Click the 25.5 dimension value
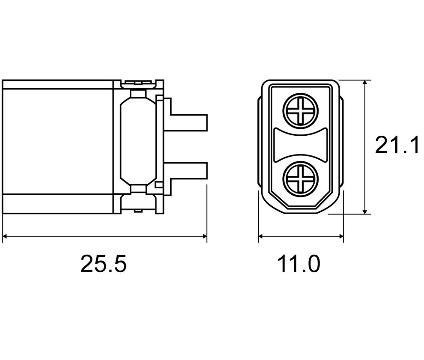click(103, 263)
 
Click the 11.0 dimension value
click(299, 264)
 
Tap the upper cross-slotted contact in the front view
click(300, 111)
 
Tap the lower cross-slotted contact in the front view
click(300, 179)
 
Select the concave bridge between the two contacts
click(301, 145)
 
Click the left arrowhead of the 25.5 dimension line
click(4, 236)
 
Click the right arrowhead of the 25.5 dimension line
click(204, 236)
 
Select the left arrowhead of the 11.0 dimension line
click(261, 236)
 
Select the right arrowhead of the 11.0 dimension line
click(341, 236)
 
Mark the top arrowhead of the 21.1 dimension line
click(365, 83)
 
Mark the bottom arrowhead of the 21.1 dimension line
click(365, 211)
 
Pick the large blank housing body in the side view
click(57, 141)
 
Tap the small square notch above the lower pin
click(159, 185)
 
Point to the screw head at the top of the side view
click(138, 84)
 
